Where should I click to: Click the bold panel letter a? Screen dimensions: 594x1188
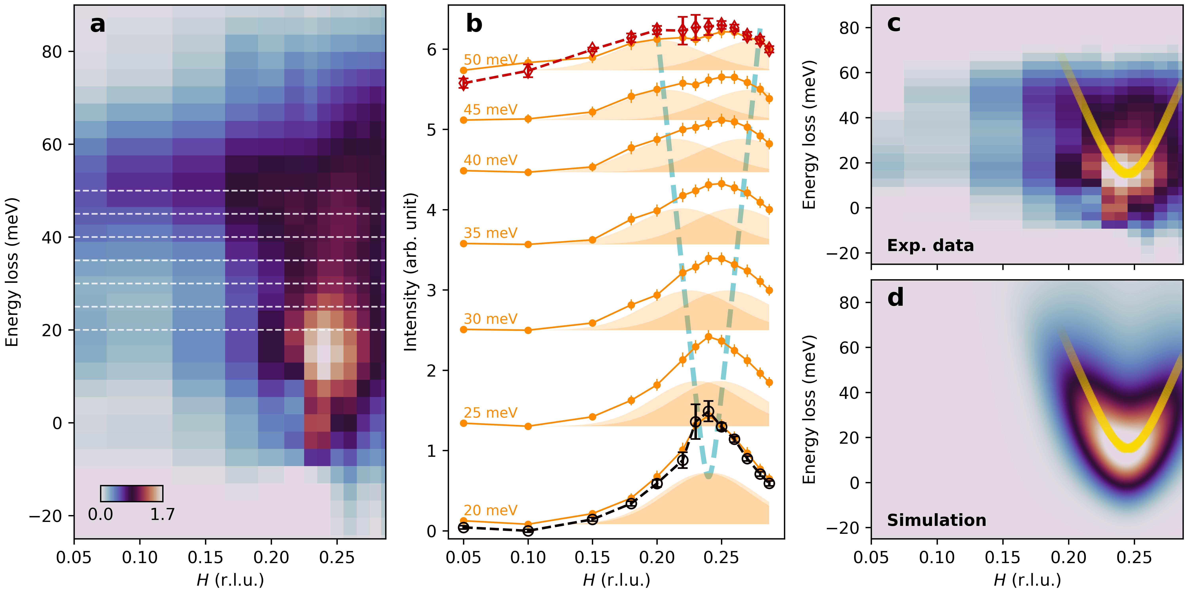coord(97,24)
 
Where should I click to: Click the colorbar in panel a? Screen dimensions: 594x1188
coord(131,493)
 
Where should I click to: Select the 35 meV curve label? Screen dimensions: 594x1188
coord(490,233)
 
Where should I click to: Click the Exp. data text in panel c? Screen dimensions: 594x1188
coord(930,245)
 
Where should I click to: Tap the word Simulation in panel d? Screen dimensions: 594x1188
coord(936,520)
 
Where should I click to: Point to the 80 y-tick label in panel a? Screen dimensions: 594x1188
coord(52,52)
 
